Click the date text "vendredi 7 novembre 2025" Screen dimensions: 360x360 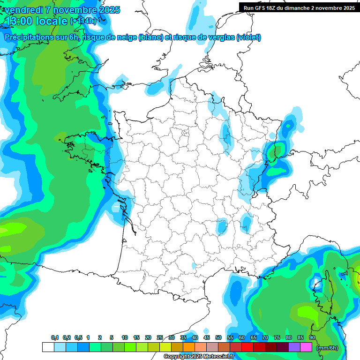(x=62, y=10)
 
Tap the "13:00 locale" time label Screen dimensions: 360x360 (x=36, y=21)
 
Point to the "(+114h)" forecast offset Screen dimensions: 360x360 (x=83, y=21)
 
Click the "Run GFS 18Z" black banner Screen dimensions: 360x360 (x=299, y=7)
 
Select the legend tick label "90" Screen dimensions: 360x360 (x=312, y=337)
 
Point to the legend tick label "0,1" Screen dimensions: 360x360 (x=54, y=337)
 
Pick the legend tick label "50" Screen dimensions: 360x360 (x=218, y=337)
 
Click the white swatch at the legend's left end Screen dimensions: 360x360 (x=48, y=347)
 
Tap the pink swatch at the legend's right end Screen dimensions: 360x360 (x=306, y=347)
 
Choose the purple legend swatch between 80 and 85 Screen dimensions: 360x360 (x=294, y=347)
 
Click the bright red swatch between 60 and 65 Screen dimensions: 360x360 (x=247, y=347)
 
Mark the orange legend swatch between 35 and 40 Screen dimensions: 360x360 (x=189, y=347)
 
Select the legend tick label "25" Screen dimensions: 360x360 (x=160, y=337)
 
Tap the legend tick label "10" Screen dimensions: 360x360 (x=125, y=337)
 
